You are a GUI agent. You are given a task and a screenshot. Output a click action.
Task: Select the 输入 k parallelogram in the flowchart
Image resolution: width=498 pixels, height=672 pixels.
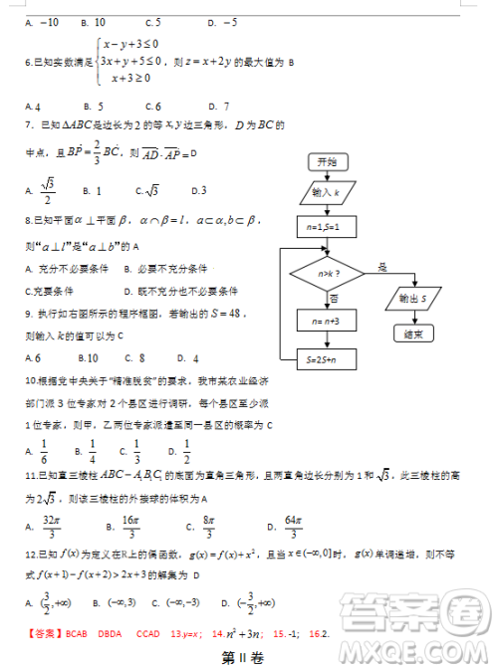(x=327, y=192)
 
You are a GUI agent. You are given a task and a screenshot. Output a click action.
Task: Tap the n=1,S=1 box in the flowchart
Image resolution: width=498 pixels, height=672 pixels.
(x=327, y=228)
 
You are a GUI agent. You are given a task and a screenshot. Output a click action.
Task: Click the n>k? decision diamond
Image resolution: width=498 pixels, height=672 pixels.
(x=327, y=272)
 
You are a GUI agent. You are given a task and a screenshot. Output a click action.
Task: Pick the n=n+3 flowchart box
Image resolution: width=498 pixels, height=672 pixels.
(x=327, y=322)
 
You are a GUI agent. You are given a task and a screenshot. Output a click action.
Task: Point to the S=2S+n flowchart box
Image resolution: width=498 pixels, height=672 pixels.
(x=327, y=358)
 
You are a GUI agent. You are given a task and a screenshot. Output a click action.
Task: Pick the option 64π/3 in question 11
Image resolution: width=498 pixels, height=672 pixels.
(x=286, y=526)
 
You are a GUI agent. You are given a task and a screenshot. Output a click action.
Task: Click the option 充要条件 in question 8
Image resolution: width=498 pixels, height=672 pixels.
(x=52, y=291)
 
